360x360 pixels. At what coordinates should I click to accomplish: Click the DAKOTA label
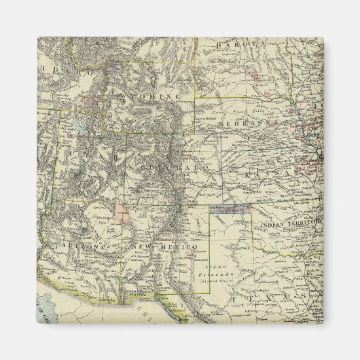[x=240, y=44]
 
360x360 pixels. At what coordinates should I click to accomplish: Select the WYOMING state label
[x=156, y=96]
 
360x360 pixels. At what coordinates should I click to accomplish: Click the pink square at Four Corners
[x=122, y=212]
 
